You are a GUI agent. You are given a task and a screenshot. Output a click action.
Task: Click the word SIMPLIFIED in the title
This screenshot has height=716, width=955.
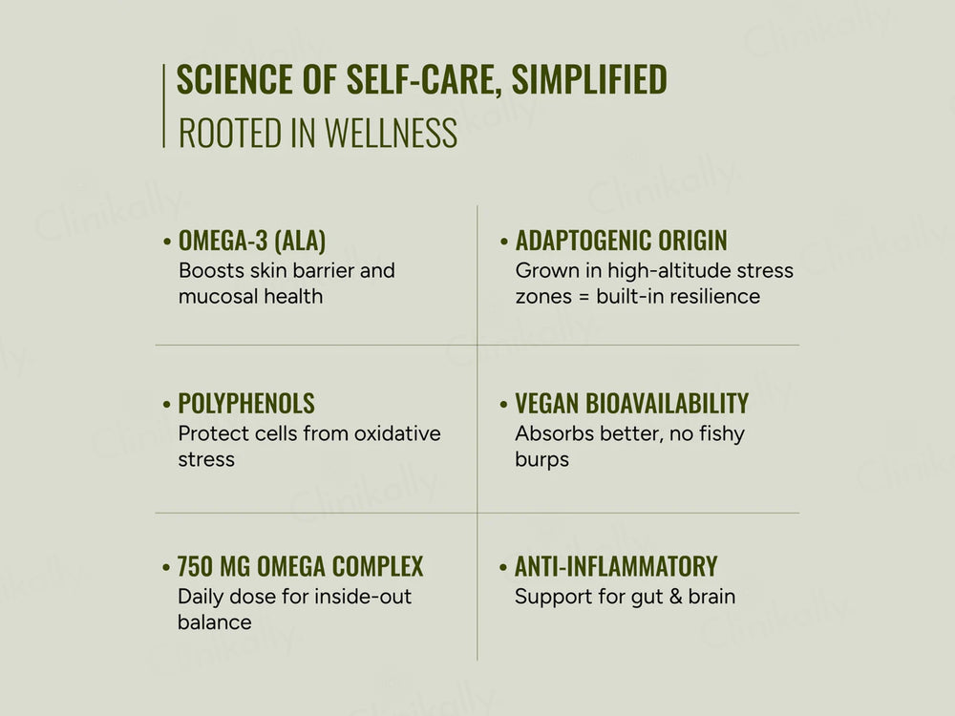click(x=589, y=79)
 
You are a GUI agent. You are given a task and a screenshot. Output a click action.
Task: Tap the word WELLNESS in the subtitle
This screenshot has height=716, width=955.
click(x=391, y=134)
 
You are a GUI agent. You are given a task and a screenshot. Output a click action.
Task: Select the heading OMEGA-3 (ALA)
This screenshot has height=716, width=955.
click(x=252, y=241)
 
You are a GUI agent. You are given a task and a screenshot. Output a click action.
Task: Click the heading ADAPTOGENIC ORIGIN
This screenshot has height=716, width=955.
click(x=622, y=241)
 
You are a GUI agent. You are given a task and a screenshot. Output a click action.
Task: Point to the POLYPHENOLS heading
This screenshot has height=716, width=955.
click(x=246, y=403)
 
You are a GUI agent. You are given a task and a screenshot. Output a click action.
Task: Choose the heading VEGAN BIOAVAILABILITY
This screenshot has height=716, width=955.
click(x=632, y=403)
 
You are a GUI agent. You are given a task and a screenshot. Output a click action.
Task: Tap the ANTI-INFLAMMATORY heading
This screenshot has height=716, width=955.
click(x=616, y=566)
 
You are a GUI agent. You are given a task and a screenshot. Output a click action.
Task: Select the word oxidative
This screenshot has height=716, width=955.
click(x=397, y=433)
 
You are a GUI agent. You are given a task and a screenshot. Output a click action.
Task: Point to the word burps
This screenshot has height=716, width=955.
click(x=542, y=460)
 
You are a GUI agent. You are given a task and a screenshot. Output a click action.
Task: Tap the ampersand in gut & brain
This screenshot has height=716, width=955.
click(x=675, y=597)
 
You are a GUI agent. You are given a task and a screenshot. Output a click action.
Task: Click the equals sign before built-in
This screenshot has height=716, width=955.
click(x=584, y=297)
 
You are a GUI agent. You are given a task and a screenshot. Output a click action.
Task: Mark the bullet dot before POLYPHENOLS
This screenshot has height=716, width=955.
click(x=167, y=404)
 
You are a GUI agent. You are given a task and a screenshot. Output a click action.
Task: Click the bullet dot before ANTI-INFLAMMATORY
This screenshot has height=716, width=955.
click(x=503, y=567)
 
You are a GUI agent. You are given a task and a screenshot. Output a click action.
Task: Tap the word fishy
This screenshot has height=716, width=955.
click(x=722, y=434)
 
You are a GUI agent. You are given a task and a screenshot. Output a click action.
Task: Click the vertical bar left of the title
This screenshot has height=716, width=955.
click(x=164, y=105)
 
